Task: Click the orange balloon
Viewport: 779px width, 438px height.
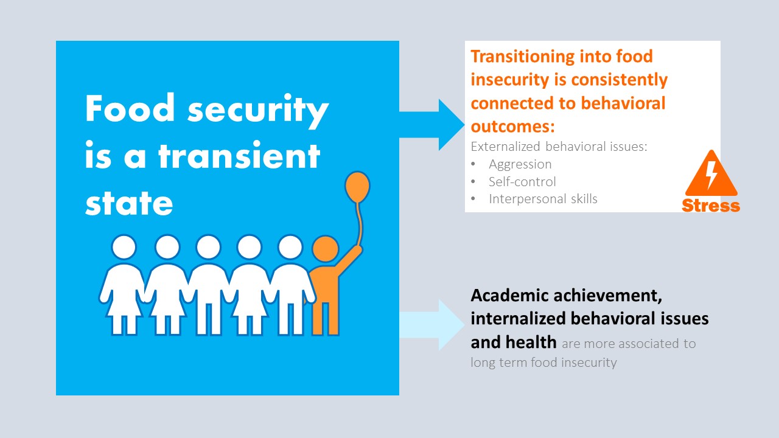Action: click(x=357, y=187)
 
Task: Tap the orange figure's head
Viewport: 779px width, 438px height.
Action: click(x=325, y=249)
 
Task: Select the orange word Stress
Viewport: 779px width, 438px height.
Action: click(x=711, y=206)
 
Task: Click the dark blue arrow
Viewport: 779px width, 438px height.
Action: click(x=432, y=125)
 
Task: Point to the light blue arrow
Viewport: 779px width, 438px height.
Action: click(x=432, y=325)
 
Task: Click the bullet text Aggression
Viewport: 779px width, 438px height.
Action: click(x=520, y=164)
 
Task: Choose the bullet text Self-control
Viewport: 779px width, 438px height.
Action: click(x=522, y=181)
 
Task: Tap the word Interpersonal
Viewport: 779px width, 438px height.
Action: click(x=527, y=199)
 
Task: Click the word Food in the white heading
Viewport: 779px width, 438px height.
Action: click(x=130, y=108)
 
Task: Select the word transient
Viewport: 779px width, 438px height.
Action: click(x=239, y=156)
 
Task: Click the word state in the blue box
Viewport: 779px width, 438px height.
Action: click(x=129, y=203)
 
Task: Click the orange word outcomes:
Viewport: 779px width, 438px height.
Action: click(x=512, y=126)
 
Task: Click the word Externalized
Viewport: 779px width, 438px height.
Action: click(x=505, y=147)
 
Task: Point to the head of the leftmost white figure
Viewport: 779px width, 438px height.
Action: click(x=124, y=247)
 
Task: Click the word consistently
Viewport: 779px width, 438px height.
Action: click(x=620, y=80)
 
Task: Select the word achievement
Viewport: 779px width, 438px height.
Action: click(x=607, y=296)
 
